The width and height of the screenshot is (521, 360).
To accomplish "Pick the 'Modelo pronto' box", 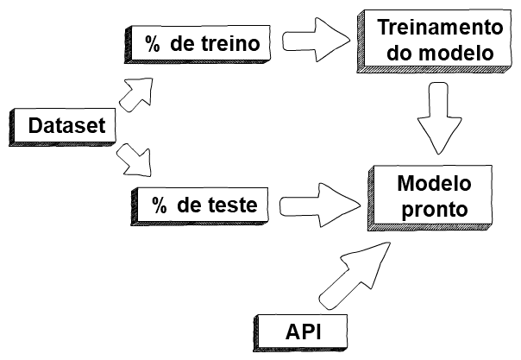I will pyautogui.click(x=433, y=196).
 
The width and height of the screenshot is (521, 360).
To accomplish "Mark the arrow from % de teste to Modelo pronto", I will pyautogui.click(x=318, y=204).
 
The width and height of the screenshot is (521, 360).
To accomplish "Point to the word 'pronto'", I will pyautogui.click(x=433, y=209).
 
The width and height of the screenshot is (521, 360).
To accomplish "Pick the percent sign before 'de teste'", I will pyautogui.click(x=160, y=205).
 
